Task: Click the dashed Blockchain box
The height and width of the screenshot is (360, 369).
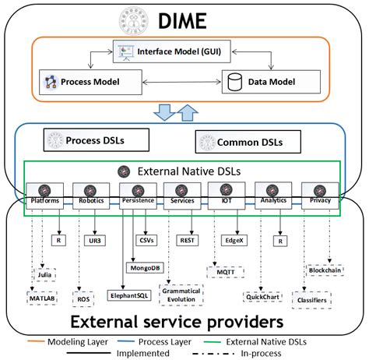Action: tap(325, 270)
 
